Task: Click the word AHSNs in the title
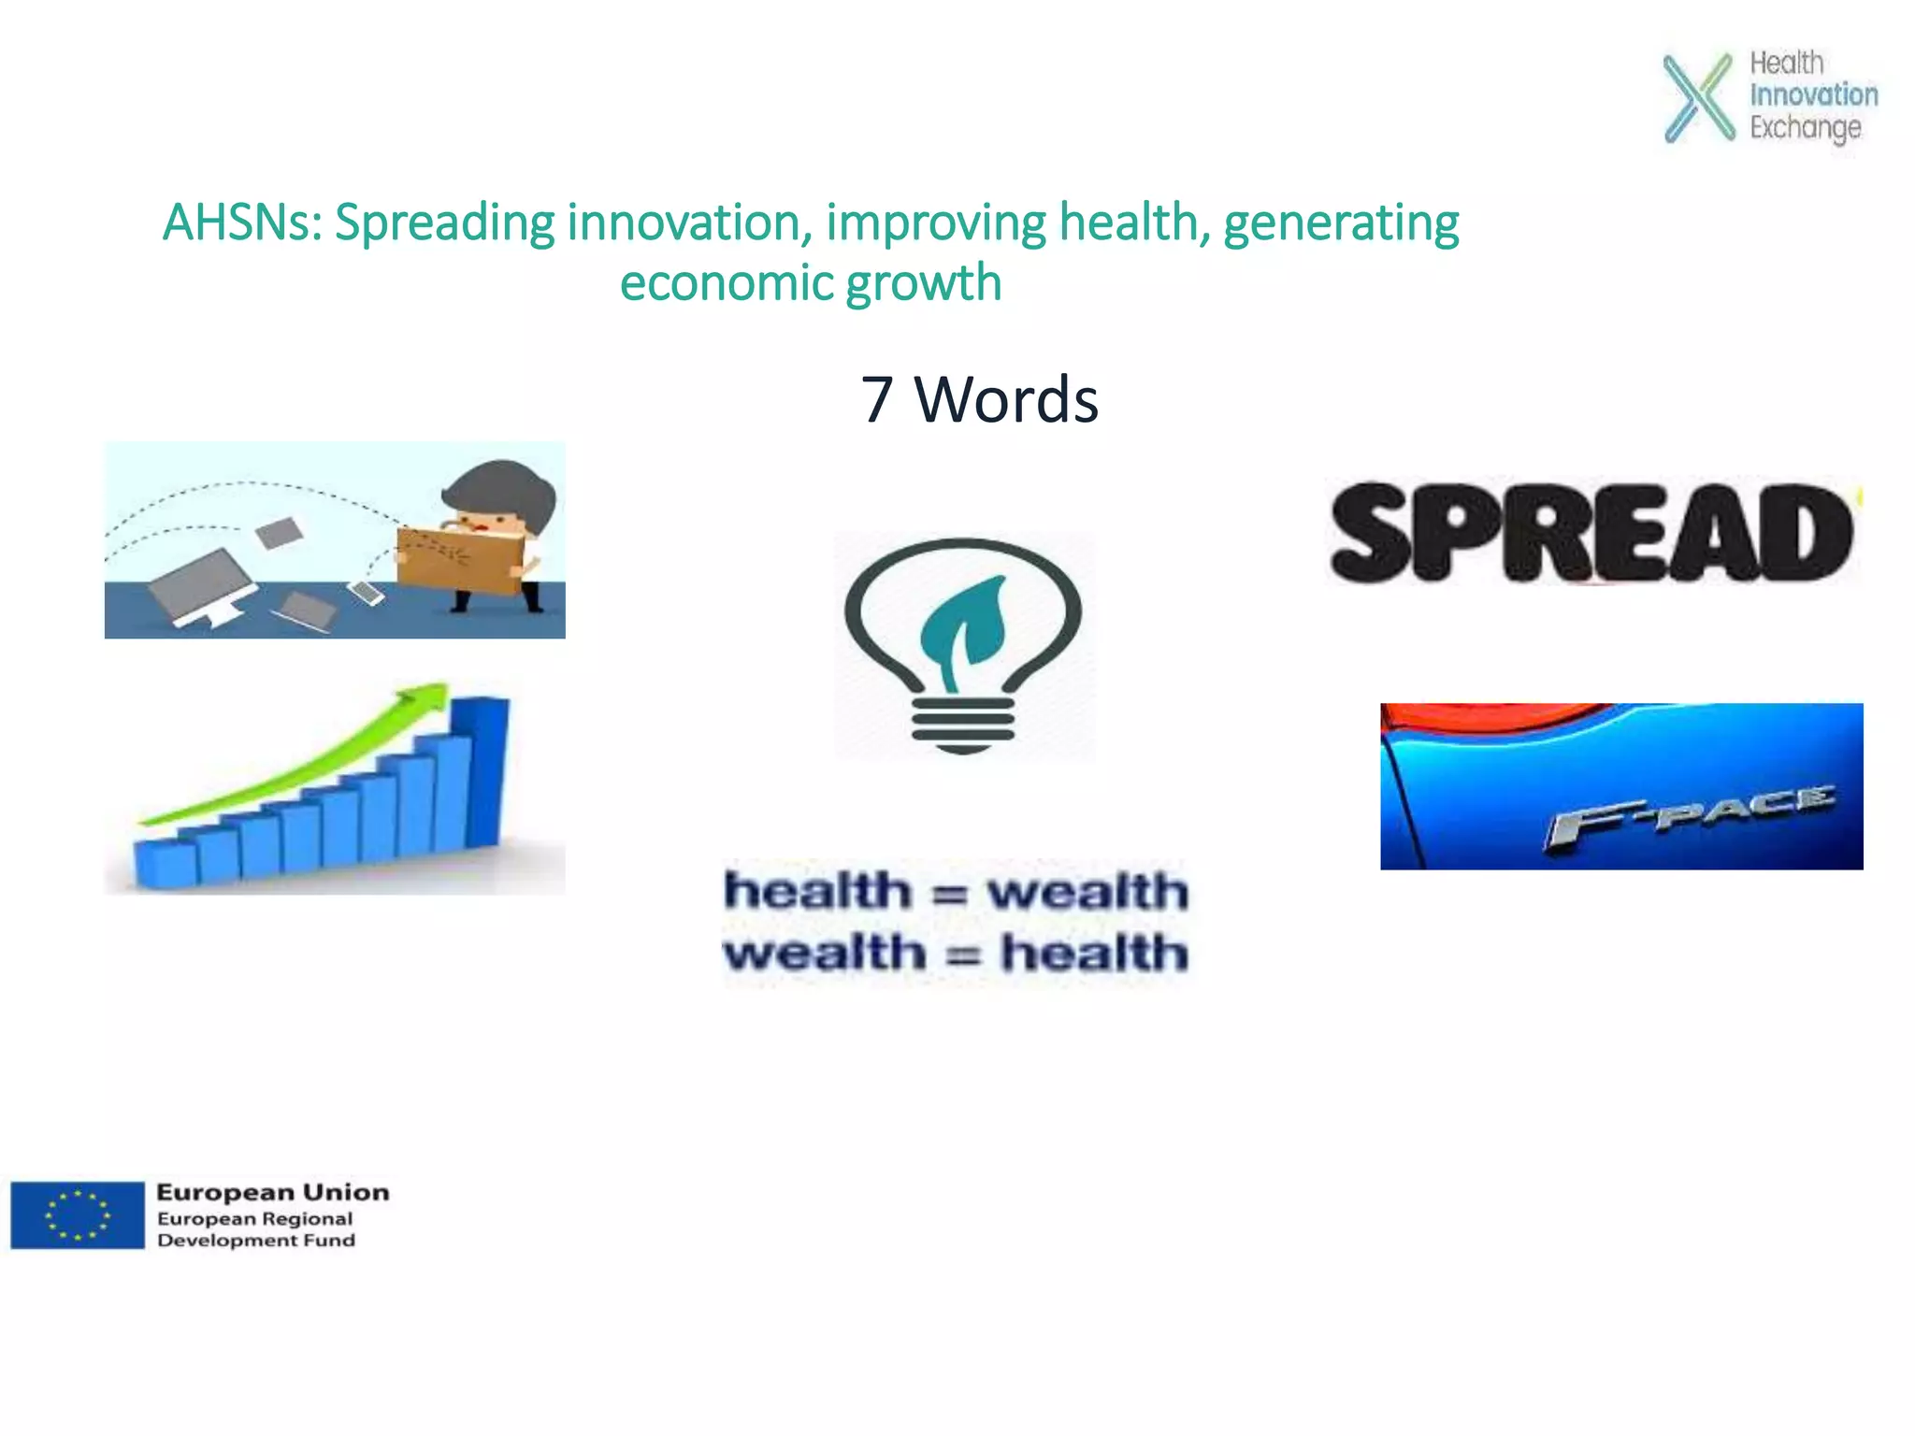[x=241, y=223]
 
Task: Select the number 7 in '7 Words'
[x=876, y=400]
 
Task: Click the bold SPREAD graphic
[x=1591, y=533]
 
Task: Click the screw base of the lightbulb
[x=963, y=725]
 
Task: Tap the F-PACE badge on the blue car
[x=1689, y=816]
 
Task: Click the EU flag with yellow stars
[x=78, y=1214]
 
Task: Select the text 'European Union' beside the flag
[x=272, y=1192]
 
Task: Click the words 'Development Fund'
[x=256, y=1241]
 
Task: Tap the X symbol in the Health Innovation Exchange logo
[x=1698, y=98]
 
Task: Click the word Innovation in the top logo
[x=1813, y=94]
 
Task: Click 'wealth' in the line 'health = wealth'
[x=1087, y=891]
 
